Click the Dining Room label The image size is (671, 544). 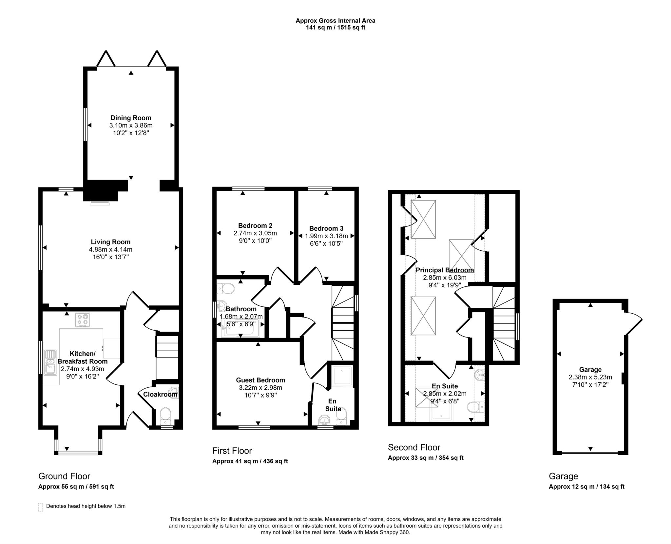[x=131, y=118]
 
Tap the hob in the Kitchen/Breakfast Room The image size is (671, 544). [x=83, y=320]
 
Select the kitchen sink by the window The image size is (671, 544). [x=51, y=361]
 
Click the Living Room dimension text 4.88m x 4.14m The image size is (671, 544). [x=110, y=249]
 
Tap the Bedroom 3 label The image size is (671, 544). [x=326, y=228]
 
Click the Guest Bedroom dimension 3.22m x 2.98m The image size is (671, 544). [x=260, y=388]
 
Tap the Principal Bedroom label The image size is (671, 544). [x=445, y=270]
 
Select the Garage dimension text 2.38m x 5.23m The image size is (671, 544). [x=590, y=377]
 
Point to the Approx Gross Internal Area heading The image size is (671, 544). [x=335, y=21]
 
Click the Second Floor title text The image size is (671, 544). [x=414, y=447]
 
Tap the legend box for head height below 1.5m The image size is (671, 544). [x=40, y=507]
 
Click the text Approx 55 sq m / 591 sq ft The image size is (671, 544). [x=76, y=487]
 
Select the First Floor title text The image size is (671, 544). [x=232, y=451]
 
